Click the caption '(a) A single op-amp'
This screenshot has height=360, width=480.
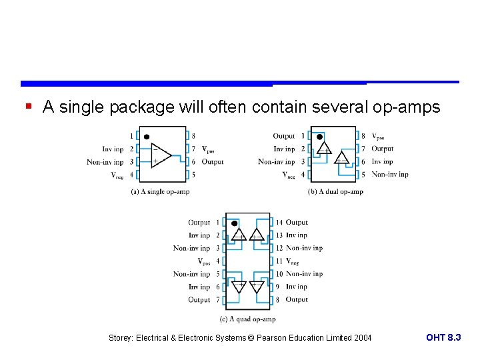(x=160, y=191)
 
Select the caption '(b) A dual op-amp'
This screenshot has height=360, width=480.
(x=335, y=191)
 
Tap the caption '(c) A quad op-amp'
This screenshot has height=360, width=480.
(x=247, y=319)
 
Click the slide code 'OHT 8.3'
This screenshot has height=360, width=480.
(x=443, y=338)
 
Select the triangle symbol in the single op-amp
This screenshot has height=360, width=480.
(x=160, y=155)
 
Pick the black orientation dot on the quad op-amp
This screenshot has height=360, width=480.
(x=234, y=223)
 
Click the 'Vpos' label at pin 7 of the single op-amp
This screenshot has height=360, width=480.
(x=208, y=149)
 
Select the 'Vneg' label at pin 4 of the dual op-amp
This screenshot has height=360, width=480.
(x=289, y=175)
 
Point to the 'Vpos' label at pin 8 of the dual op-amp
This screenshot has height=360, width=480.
(x=378, y=137)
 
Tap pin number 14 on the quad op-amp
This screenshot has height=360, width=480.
(x=279, y=223)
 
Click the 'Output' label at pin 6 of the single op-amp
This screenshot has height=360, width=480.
(x=213, y=162)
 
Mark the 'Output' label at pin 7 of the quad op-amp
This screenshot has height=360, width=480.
(x=199, y=300)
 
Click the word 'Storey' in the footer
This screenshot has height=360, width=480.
(x=121, y=338)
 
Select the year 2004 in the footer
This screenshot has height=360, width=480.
(x=363, y=338)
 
